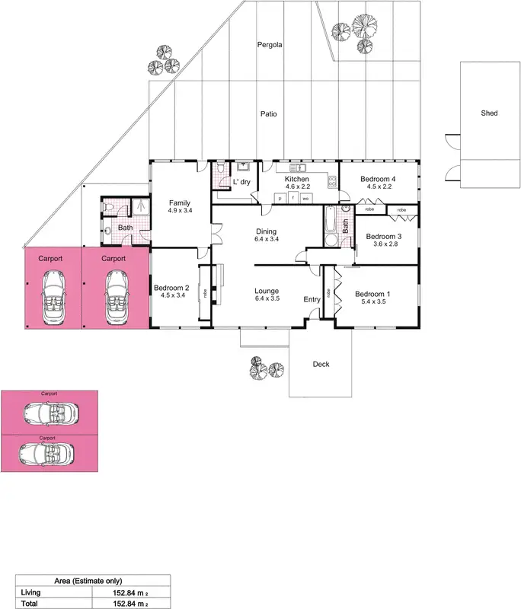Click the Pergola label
269,45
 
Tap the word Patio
268,114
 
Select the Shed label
489,113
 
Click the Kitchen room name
297,179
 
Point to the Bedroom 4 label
379,179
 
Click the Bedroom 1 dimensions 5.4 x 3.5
372,302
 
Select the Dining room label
266,231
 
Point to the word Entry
312,299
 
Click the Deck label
321,365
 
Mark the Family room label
180,202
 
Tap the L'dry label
241,182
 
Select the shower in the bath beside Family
141,206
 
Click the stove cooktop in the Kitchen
332,181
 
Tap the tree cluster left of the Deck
267,369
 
